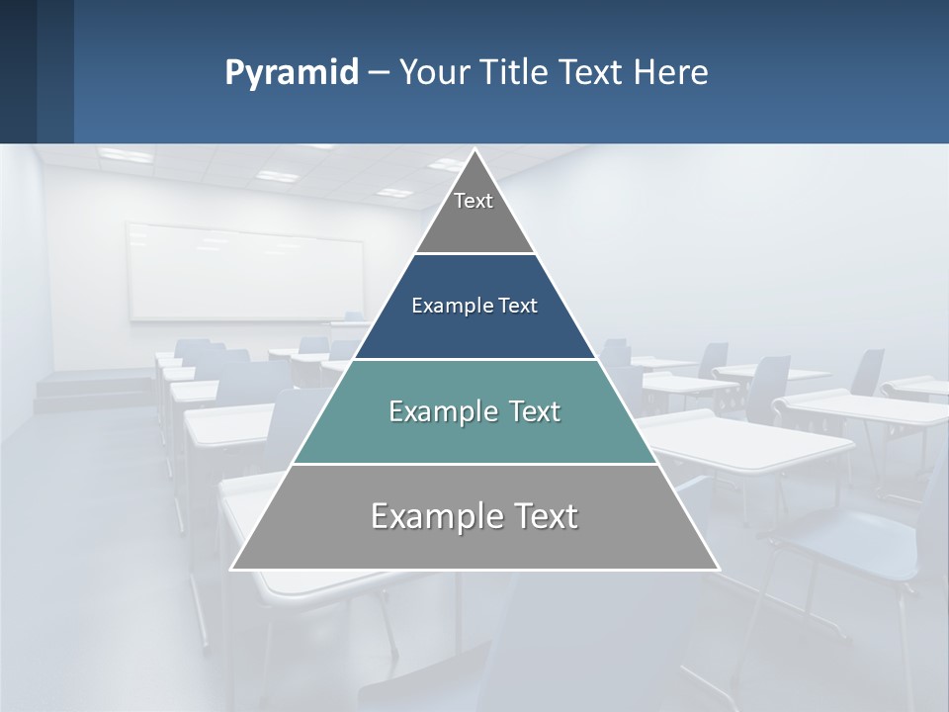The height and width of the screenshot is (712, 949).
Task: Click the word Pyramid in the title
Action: [x=292, y=72]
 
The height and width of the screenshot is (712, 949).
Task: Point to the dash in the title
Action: [x=379, y=72]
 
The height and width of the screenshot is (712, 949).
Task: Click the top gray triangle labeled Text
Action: [x=474, y=213]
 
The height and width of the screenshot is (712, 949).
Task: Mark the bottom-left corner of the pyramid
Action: [x=232, y=569]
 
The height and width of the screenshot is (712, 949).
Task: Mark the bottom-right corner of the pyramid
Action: [x=718, y=569]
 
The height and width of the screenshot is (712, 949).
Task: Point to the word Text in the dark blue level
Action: [x=517, y=306]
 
